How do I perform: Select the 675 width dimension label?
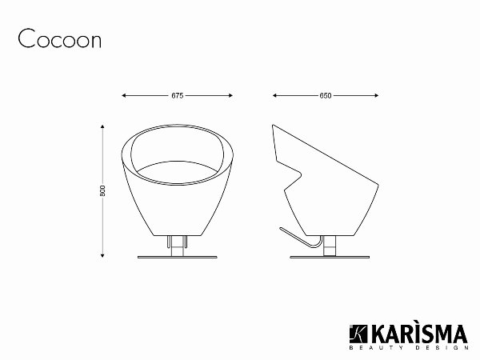tap(178, 95)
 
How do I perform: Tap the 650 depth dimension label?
tap(325, 95)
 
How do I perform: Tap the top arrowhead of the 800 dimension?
tap(103, 126)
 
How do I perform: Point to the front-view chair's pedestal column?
tap(178, 244)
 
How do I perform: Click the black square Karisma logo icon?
tap(356, 333)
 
